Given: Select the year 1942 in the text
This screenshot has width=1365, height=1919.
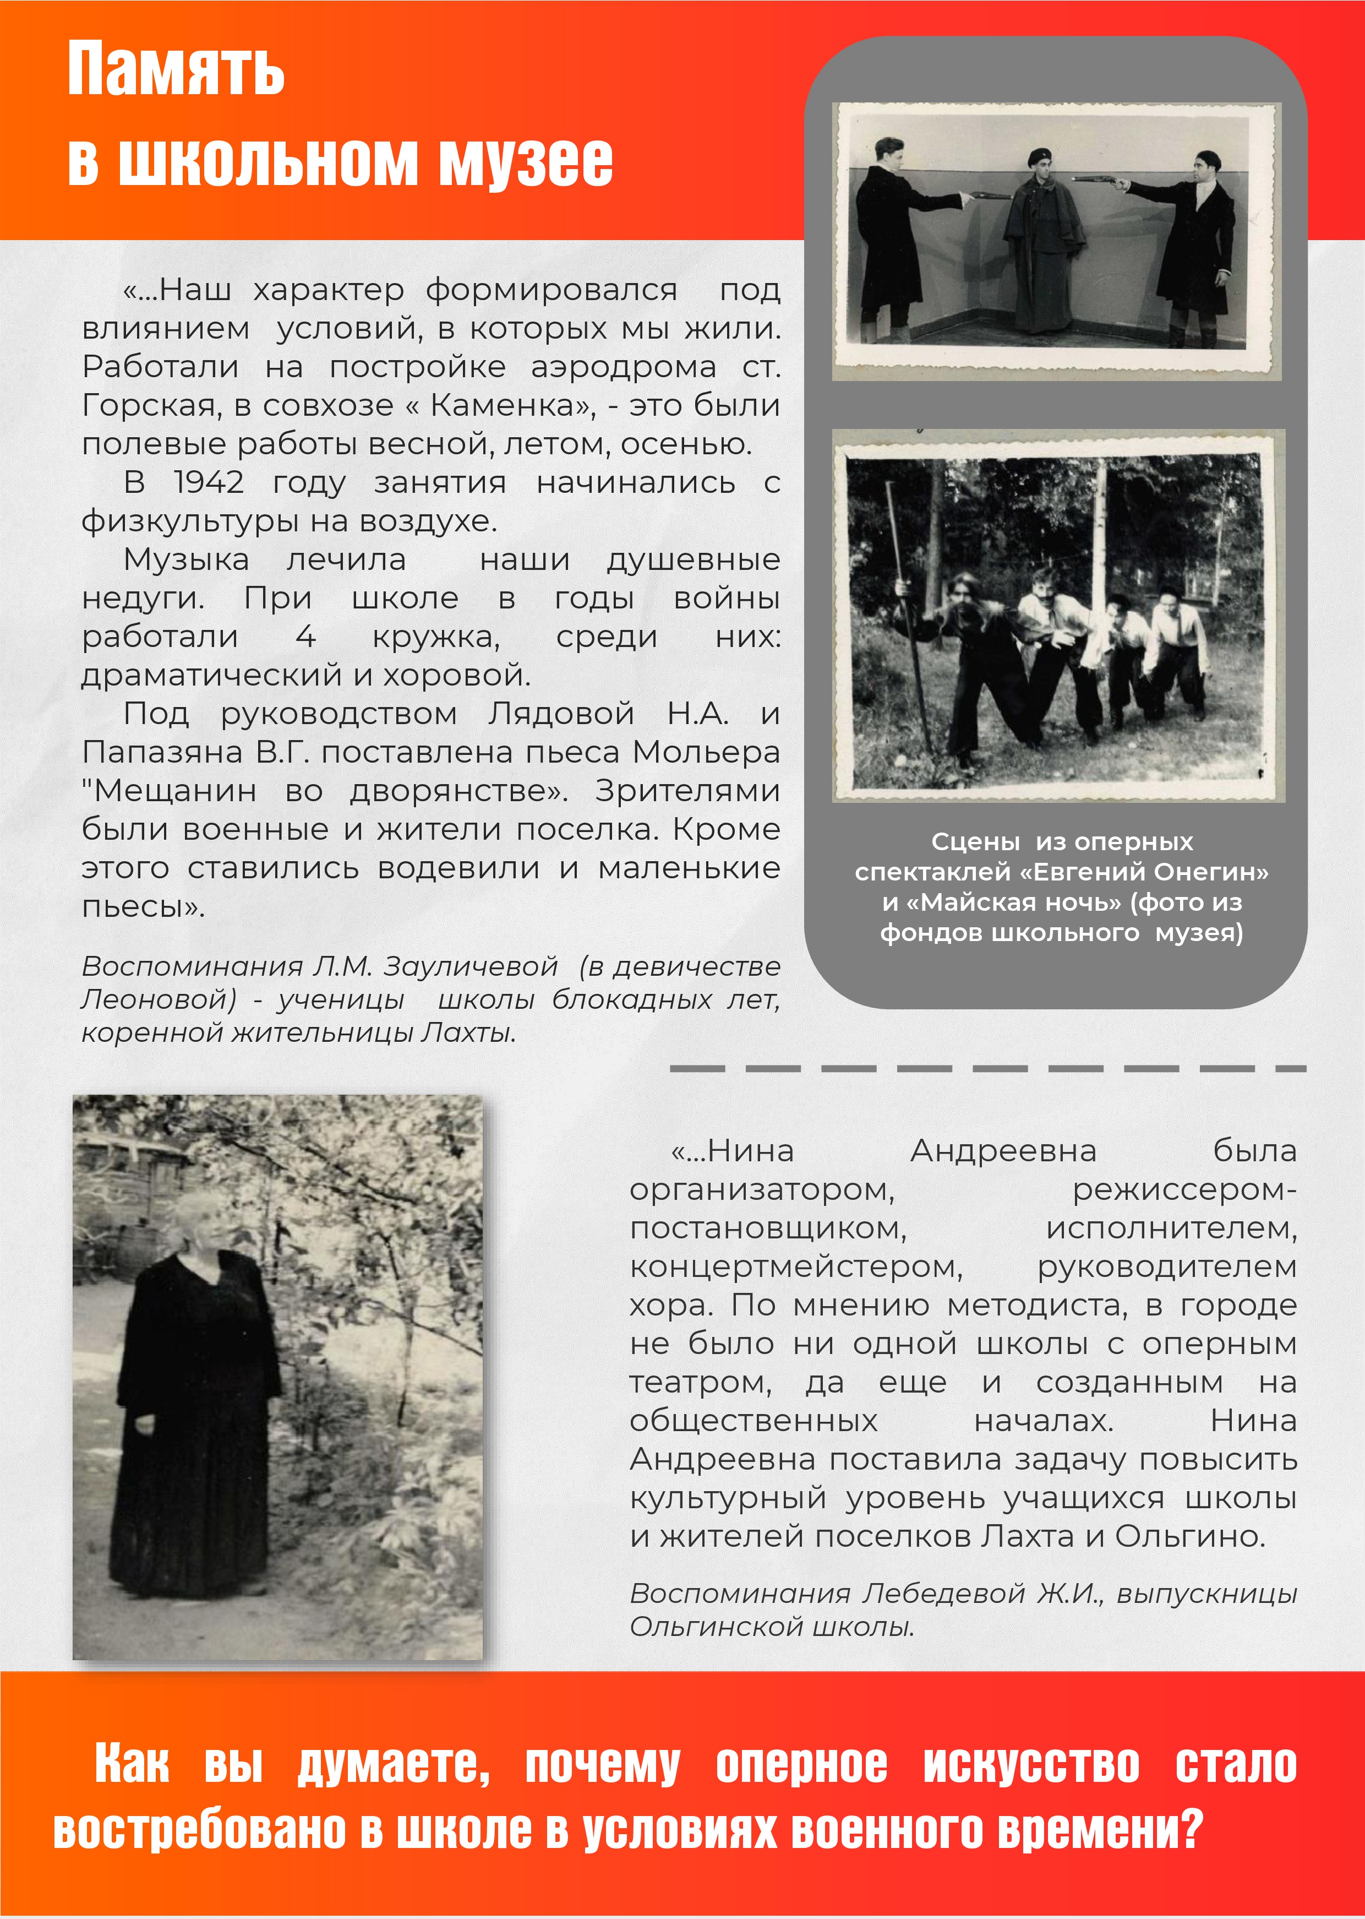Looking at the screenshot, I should (209, 483).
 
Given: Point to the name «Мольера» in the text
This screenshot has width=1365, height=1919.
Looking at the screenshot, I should (706, 752).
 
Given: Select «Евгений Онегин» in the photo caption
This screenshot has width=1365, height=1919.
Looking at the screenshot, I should (1144, 872).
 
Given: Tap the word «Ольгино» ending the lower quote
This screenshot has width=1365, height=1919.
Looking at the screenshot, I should (1189, 1537).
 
